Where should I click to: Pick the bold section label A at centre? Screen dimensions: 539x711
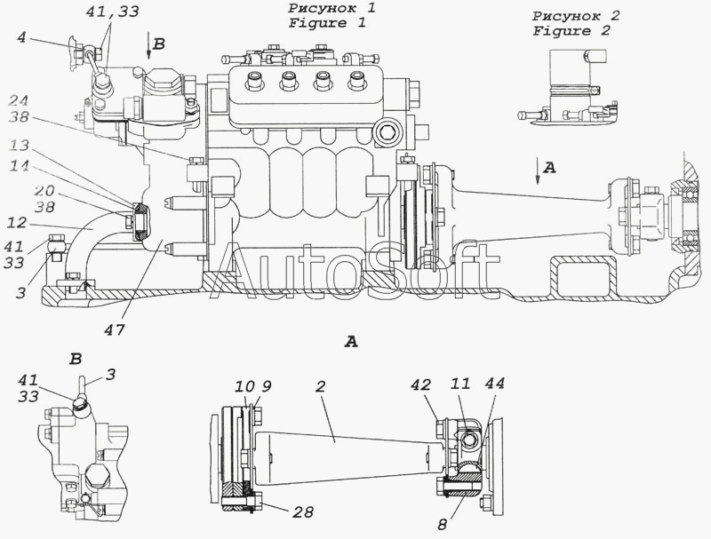[x=351, y=340]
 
